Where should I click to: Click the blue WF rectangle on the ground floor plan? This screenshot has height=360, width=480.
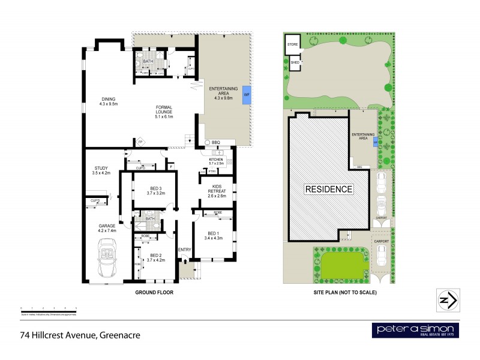[x=246, y=95]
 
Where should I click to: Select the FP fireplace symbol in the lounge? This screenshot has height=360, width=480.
[x=140, y=142]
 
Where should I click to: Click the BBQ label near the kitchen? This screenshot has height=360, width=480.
[x=216, y=142]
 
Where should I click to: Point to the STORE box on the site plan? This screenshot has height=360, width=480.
[x=292, y=44]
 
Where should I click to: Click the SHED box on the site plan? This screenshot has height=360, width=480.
[x=295, y=62]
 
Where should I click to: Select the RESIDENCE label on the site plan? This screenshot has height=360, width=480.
[x=328, y=189]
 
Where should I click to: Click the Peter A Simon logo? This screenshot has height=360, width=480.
[x=415, y=330]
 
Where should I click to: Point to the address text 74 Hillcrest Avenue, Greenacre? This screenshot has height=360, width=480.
[x=80, y=335]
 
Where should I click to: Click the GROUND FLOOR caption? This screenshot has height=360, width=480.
[x=154, y=292]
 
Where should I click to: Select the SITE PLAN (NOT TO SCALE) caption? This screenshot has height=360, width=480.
[x=346, y=292]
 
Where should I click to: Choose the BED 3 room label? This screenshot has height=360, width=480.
[x=155, y=191]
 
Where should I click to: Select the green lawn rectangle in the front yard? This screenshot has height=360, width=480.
[x=342, y=266]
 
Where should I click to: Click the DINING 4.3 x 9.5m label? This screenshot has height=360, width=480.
[x=109, y=101]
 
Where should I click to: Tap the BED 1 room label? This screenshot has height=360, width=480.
[x=214, y=236]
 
